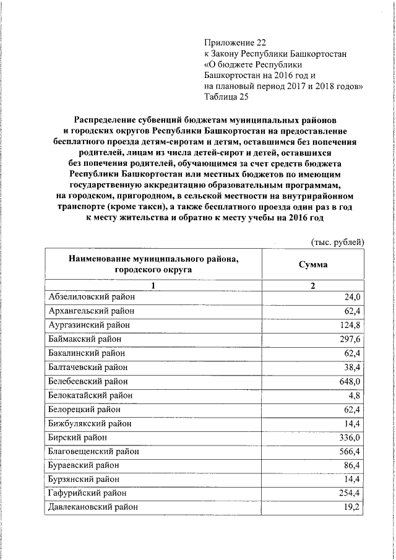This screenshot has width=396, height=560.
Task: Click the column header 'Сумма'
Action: pyautogui.click(x=313, y=264)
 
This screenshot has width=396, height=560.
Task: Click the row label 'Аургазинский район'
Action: pyautogui.click(x=86, y=325)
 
